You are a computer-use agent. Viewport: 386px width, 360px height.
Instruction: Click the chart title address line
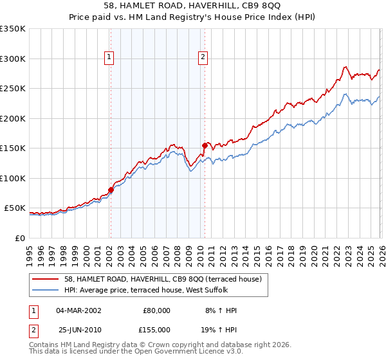click(193, 5)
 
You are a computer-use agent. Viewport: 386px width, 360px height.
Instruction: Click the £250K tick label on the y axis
click(13, 89)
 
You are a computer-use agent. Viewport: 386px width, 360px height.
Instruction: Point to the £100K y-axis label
click(13, 178)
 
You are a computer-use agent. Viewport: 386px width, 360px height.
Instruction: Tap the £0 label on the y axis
click(21, 238)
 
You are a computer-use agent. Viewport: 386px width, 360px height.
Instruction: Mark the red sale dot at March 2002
click(111, 190)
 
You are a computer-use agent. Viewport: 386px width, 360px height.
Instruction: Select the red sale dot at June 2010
click(205, 145)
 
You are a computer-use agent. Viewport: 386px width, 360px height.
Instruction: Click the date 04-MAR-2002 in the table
click(78, 310)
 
